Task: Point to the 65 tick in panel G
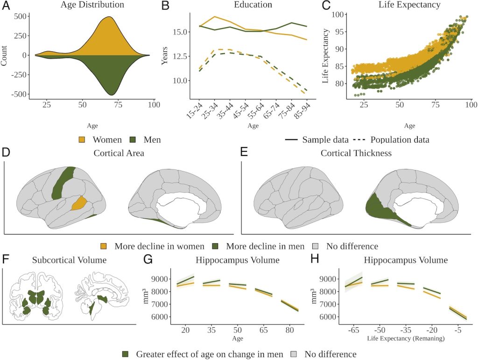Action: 265,329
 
